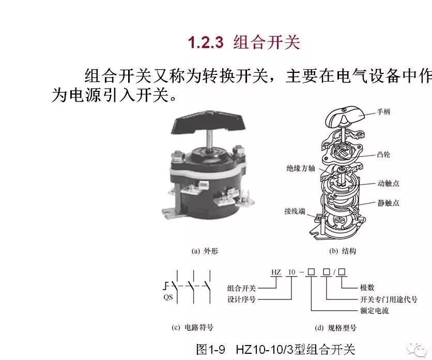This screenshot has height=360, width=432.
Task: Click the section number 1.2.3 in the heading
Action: pyautogui.click(x=206, y=42)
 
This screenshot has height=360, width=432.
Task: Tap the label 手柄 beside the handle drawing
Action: pyautogui.click(x=383, y=112)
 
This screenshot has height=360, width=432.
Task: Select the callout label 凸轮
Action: pyautogui.click(x=383, y=154)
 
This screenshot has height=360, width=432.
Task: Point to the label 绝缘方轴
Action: pyautogui.click(x=301, y=168)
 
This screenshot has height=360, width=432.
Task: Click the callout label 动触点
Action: pyautogui.click(x=388, y=183)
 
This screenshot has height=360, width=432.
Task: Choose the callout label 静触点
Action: pyautogui.click(x=388, y=203)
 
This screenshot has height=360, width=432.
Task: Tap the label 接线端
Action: pyautogui.click(x=295, y=211)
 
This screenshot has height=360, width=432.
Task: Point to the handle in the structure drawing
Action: pyautogui.click(x=345, y=116)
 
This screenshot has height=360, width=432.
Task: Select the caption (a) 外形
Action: pyautogui.click(x=205, y=251)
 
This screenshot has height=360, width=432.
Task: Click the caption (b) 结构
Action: pyautogui.click(x=343, y=251)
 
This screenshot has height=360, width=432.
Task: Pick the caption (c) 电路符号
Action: pyautogui.click(x=192, y=327)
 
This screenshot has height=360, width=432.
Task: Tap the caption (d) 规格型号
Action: pyautogui.click(x=335, y=328)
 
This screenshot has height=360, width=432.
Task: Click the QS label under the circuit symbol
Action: pyautogui.click(x=168, y=297)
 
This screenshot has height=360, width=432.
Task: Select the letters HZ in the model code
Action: pyautogui.click(x=276, y=272)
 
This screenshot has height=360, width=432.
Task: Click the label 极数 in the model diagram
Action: pyautogui.click(x=367, y=288)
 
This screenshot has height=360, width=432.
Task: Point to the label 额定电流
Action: pyautogui.click(x=375, y=311)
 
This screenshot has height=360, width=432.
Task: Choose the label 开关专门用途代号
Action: pyautogui.click(x=389, y=300)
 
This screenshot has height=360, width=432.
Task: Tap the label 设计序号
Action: pyautogui.click(x=242, y=299)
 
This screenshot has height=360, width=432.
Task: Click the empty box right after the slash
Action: pyautogui.click(x=342, y=272)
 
